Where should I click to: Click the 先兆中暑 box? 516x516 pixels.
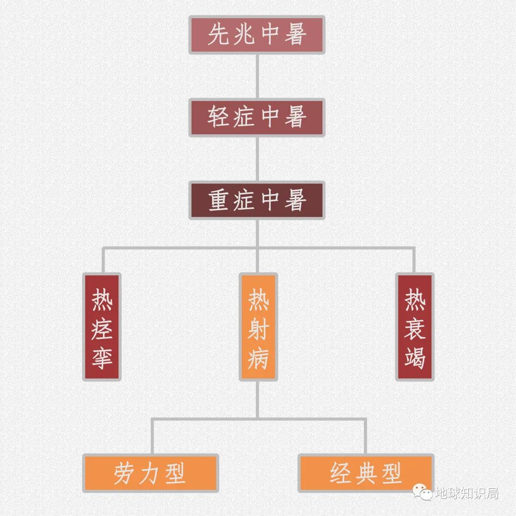257,35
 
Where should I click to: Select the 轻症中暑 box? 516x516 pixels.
257,118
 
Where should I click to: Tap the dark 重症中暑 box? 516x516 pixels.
257,200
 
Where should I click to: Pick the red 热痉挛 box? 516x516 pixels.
102,327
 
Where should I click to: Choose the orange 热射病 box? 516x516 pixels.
258,327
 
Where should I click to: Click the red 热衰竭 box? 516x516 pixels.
415,327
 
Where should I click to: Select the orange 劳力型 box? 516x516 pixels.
150,473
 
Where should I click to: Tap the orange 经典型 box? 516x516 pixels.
365,473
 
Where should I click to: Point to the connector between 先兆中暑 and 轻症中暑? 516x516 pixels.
257,76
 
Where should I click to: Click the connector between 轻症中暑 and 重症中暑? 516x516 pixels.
257,159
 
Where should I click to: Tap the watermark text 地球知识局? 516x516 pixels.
467,493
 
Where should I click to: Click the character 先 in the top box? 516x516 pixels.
218,35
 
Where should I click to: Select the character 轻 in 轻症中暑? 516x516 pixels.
218,118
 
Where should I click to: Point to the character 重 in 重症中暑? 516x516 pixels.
219,201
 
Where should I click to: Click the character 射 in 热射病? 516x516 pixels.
258,329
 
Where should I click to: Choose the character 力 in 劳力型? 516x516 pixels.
150,473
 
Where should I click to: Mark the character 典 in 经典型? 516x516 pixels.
366,473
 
